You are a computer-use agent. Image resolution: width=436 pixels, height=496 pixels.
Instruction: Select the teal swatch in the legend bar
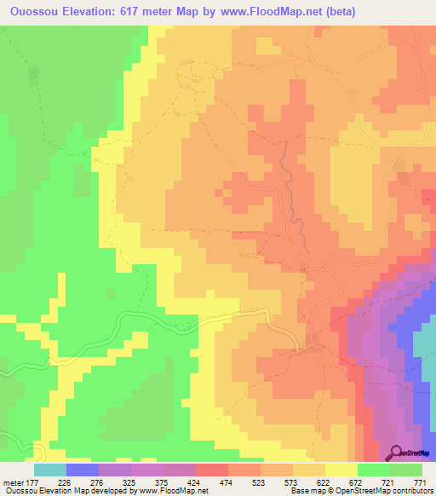click(49, 470)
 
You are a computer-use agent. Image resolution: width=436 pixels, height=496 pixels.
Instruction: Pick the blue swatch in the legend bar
click(82, 470)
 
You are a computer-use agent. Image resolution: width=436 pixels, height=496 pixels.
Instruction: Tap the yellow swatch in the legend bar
click(341, 470)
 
